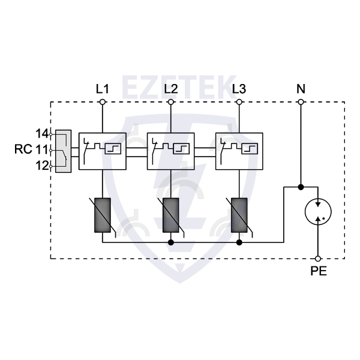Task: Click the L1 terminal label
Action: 103,89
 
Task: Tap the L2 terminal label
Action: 171,89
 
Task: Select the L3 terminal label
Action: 239,89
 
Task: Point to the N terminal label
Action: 301,89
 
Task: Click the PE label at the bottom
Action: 319,271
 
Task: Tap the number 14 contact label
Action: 42,133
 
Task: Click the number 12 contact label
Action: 42,166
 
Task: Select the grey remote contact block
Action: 63,151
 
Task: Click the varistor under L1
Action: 103,214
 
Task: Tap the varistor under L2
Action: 171,214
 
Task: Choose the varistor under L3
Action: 239,214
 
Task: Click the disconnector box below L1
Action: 103,151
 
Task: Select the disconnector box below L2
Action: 171,151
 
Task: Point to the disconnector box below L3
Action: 239,151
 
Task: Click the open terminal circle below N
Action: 301,103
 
